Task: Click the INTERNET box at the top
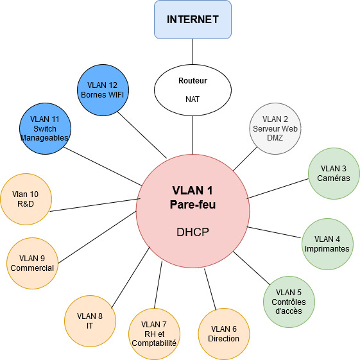[x=193, y=19]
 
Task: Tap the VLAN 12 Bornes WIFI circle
[x=103, y=91]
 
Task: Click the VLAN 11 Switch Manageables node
[x=45, y=128]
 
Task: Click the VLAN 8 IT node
[x=90, y=320]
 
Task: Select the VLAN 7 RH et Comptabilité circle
[x=154, y=333]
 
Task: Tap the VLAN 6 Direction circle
[x=223, y=333]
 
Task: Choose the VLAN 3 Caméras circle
[x=333, y=173]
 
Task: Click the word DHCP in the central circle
[x=193, y=232]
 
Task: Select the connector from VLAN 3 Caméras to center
[x=277, y=189]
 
